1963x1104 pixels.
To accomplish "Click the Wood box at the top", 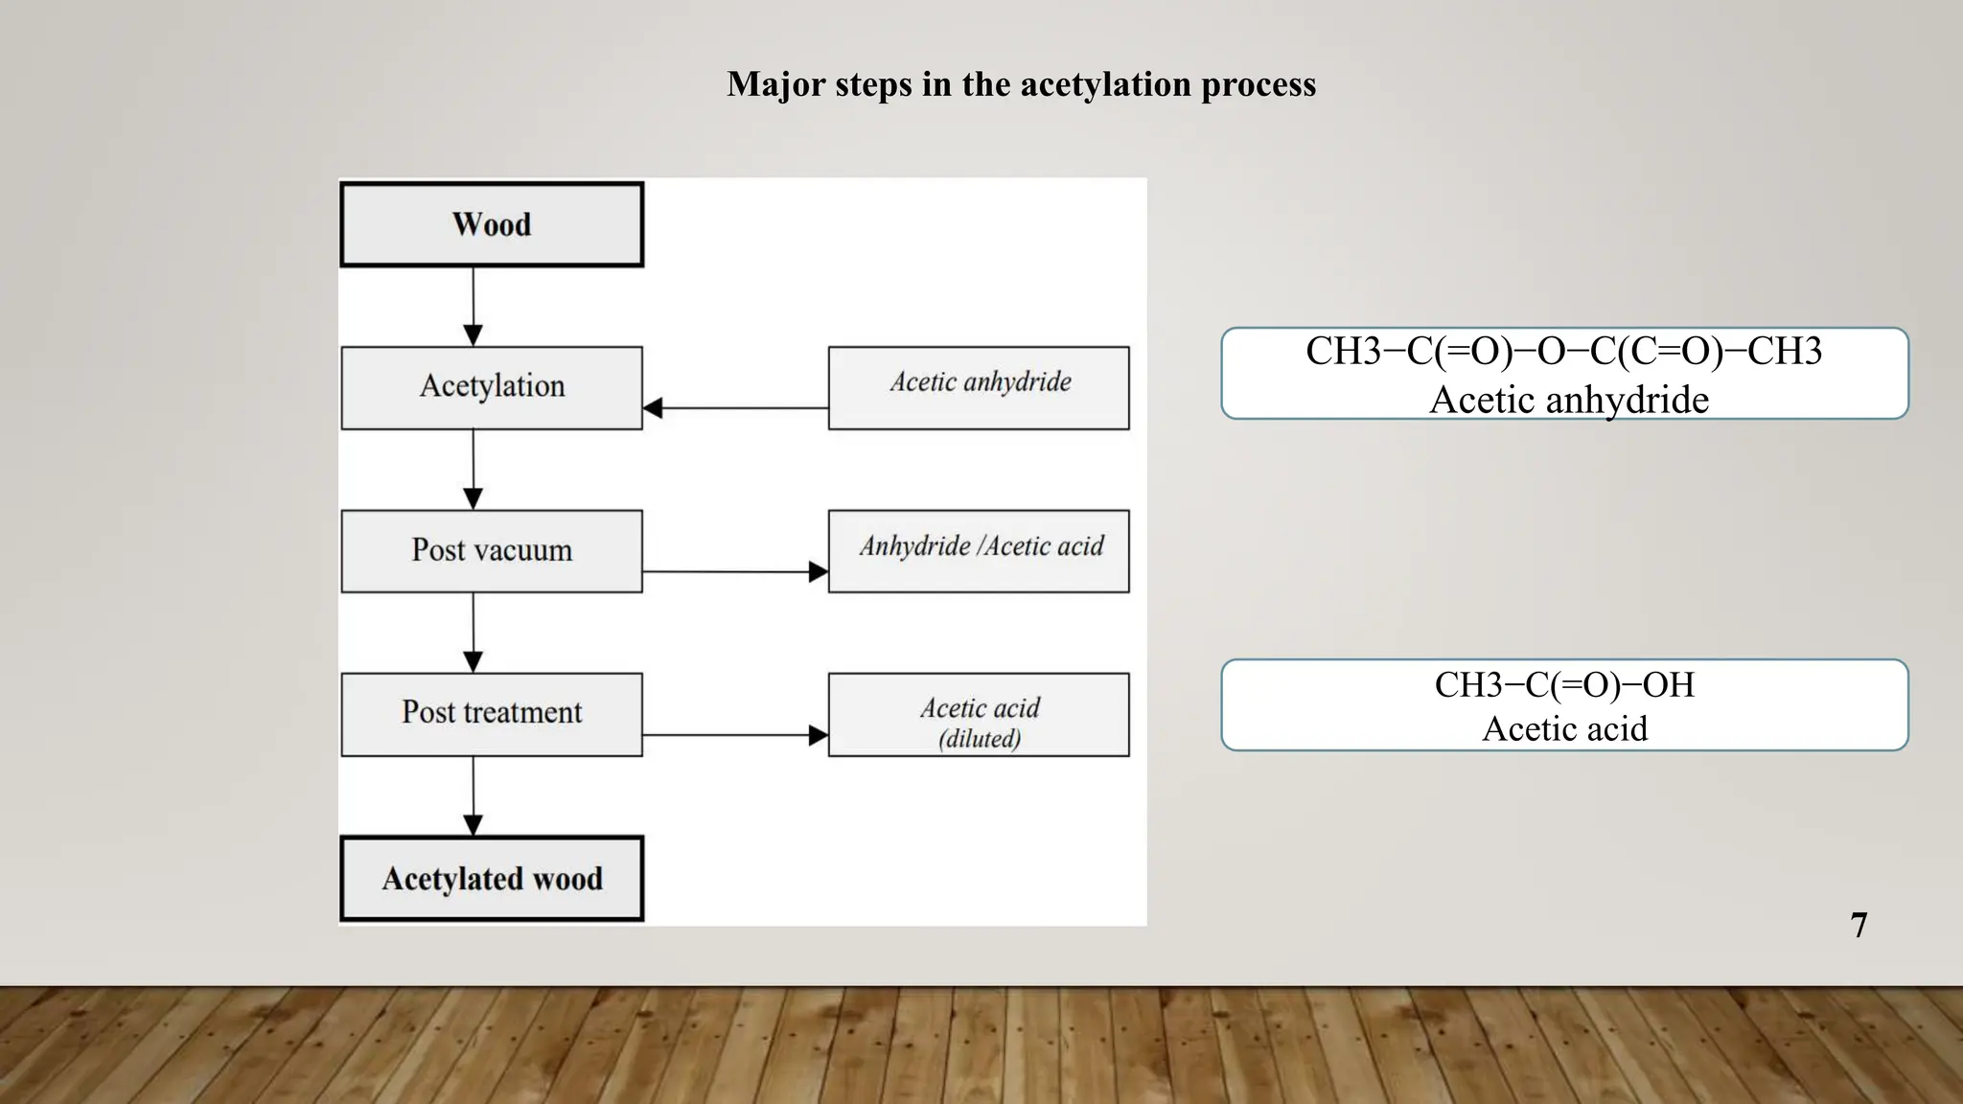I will [x=492, y=224].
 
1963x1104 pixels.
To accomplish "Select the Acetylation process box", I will [x=492, y=387].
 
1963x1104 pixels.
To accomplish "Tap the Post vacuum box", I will [x=492, y=551].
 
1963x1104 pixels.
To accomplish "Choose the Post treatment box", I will [x=492, y=714].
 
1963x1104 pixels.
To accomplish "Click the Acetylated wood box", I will [x=492, y=879].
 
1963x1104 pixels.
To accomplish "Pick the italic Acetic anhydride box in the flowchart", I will [x=979, y=387].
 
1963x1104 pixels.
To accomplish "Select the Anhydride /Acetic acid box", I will [x=979, y=551].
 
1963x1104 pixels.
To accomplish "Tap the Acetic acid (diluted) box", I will [x=979, y=714].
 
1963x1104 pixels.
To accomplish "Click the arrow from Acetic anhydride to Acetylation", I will [x=734, y=408].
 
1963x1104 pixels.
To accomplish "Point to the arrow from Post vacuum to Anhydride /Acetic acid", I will [x=734, y=572].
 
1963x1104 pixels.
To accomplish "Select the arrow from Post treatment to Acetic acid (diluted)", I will [x=734, y=735].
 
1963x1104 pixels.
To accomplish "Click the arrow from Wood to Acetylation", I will [x=473, y=306].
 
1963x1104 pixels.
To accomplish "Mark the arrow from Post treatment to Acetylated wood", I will [x=473, y=795].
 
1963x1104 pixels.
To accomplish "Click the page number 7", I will [x=1859, y=926].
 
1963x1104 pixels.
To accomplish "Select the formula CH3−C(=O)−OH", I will [x=1564, y=685].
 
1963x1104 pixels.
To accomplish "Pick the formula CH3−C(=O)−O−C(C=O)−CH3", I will [x=1564, y=352].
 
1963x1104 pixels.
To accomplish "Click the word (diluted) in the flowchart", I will [x=979, y=739].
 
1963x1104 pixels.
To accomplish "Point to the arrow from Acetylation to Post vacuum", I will [x=473, y=470].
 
